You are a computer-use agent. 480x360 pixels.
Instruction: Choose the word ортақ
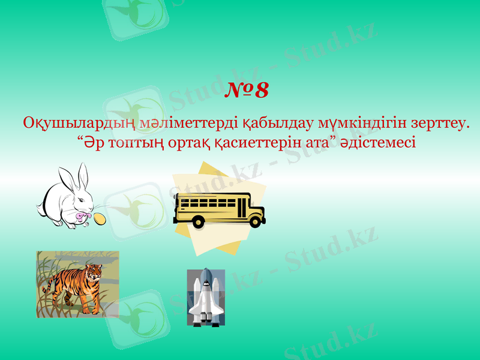click(x=191, y=144)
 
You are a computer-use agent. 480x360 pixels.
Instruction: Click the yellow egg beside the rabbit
click(x=100, y=218)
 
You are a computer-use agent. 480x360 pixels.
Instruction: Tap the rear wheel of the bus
click(x=198, y=222)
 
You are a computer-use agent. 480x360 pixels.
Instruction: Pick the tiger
click(x=74, y=286)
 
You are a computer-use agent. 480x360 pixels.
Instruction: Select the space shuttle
click(x=206, y=297)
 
